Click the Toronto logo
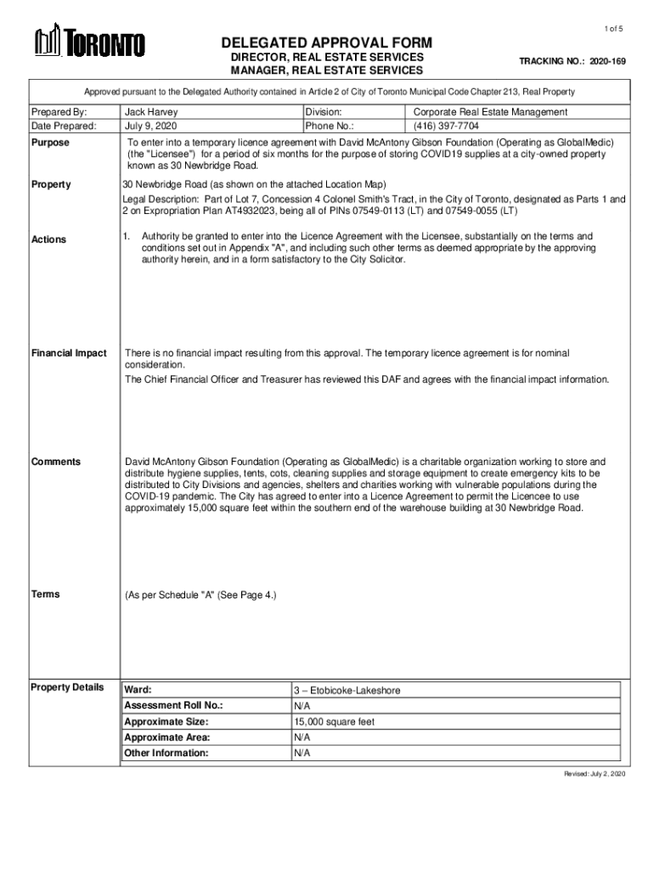(x=89, y=42)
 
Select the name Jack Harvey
(x=150, y=112)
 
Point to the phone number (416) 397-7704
(x=446, y=126)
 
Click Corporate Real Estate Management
(x=490, y=112)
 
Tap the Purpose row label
(x=50, y=143)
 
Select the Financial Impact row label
(x=69, y=353)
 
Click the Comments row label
(x=56, y=462)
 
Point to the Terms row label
(x=46, y=594)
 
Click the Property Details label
(x=67, y=687)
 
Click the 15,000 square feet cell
(x=334, y=722)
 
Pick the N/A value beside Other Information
(x=302, y=753)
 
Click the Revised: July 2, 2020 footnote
(x=595, y=775)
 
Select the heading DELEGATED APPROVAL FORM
(x=327, y=42)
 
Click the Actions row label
(x=48, y=239)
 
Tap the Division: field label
(x=324, y=112)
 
